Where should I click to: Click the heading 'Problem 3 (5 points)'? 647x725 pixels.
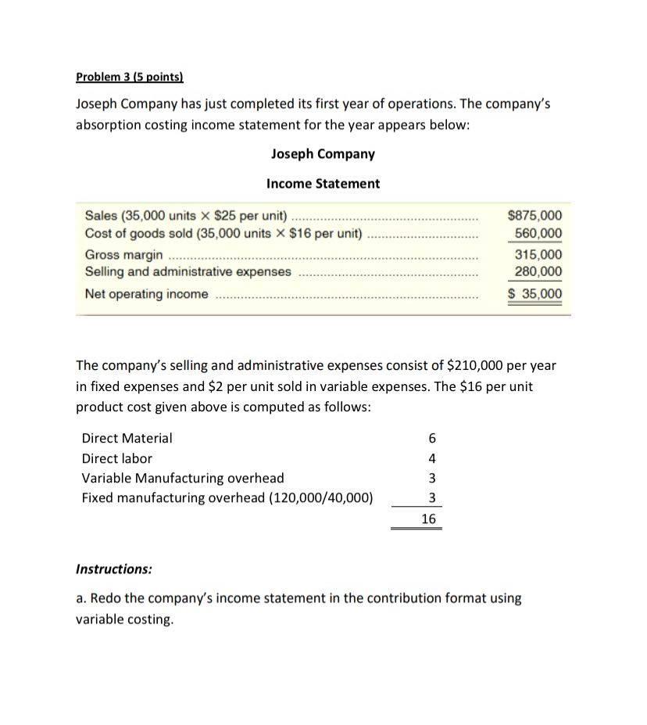coord(129,77)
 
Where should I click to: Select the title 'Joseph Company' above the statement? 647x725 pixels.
coord(323,154)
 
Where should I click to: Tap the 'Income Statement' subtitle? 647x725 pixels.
coord(323,184)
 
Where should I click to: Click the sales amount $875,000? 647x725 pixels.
coord(534,216)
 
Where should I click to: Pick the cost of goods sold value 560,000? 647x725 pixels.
coord(538,233)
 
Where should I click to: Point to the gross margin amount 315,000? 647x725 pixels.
coord(538,255)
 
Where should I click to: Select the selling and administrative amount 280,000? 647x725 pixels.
coord(538,271)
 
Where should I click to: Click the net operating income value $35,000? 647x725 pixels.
coord(534,294)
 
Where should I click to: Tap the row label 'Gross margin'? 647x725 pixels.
coord(124,255)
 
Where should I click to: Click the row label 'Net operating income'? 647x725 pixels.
coord(147,294)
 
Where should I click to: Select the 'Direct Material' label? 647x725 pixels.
coord(127,439)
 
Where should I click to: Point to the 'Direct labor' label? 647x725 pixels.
coord(116,458)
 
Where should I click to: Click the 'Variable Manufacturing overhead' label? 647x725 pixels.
coord(183,478)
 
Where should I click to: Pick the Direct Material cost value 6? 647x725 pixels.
coord(432,439)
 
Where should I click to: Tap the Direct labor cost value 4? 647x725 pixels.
coord(432,458)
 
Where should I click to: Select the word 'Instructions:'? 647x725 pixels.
coord(114,569)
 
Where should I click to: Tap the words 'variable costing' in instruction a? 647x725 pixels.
coord(122,619)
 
